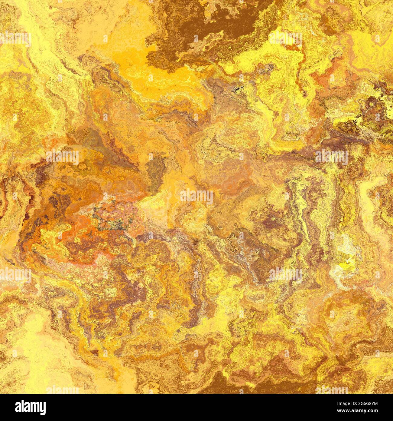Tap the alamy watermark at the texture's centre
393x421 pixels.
[x=197, y=197]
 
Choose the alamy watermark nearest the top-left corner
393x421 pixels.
[x=15, y=39]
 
